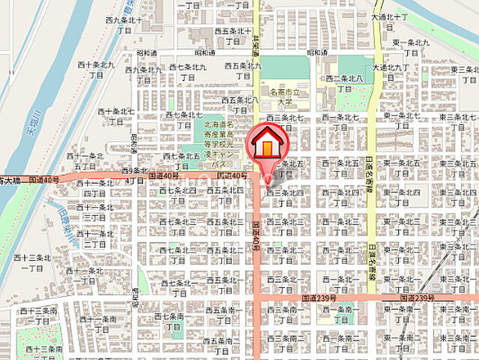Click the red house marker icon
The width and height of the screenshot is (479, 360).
pos(267,145)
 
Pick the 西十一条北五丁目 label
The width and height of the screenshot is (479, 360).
pos(85,160)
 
